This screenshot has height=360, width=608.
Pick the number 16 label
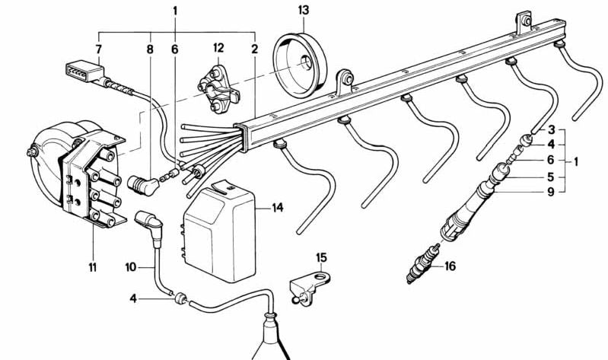pyautogui.click(x=450, y=266)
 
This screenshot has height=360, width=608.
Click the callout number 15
pyautogui.click(x=320, y=257)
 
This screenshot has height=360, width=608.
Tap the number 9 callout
pyautogui.click(x=552, y=193)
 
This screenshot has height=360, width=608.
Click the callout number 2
pyautogui.click(x=253, y=49)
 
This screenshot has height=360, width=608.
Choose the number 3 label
pyautogui.click(x=552, y=129)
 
